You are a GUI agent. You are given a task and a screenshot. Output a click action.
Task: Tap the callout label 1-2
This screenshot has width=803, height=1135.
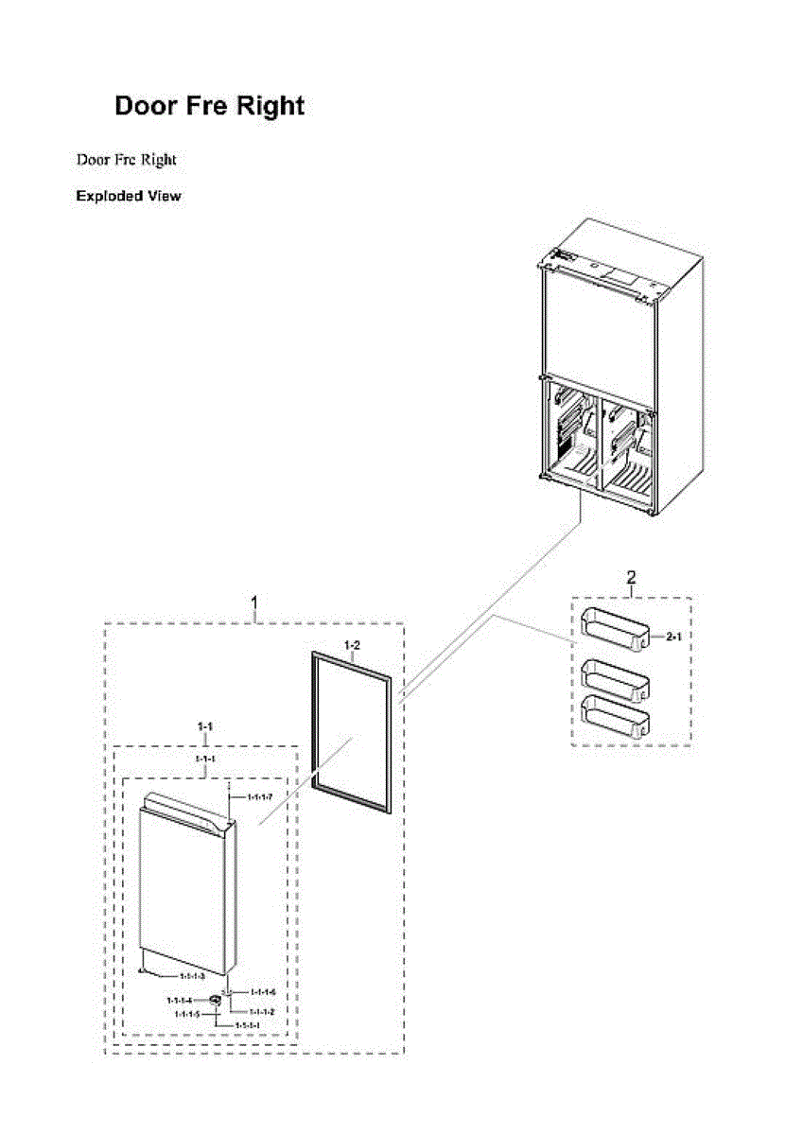point(352,646)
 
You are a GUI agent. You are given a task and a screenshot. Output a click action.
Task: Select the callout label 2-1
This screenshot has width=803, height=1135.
point(674,638)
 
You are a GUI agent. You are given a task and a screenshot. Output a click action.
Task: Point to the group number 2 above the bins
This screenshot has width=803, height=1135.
point(631,577)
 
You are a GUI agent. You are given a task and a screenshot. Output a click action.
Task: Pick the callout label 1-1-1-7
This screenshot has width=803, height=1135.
point(260,797)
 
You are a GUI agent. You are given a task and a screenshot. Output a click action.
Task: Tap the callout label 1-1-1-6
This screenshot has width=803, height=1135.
point(262,992)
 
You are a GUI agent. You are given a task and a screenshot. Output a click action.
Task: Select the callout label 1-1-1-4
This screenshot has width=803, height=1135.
point(179,1000)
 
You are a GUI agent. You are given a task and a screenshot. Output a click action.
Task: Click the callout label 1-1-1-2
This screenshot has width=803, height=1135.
point(262,1012)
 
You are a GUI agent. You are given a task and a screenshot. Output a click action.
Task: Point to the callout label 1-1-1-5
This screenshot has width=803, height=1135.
point(186,1013)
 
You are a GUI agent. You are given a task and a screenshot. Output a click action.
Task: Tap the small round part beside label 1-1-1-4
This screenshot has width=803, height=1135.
point(216,998)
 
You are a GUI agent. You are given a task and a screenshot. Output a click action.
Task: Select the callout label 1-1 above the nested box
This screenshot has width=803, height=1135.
point(204,725)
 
